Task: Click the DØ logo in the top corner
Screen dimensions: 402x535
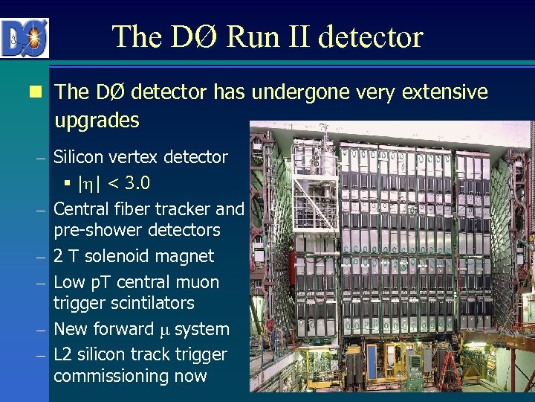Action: (25, 37)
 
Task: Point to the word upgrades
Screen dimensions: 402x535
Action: (97, 120)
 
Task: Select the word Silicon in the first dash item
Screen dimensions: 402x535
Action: (82, 157)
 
